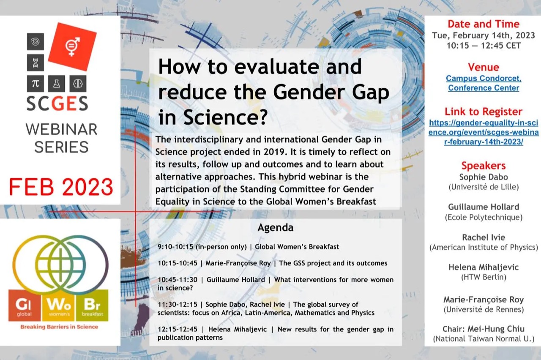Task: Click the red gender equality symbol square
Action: coord(72,46)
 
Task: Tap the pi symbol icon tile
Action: coord(36,84)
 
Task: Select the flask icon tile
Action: coord(57,84)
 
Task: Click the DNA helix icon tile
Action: coord(36,63)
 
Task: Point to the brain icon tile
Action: coord(78,84)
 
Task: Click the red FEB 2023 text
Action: coord(61,187)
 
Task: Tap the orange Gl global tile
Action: coord(25,305)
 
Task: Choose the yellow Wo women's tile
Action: coord(58,305)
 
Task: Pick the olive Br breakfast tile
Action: coord(92,305)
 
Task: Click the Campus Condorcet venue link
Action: coord(484,83)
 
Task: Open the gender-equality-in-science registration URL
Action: coord(484,132)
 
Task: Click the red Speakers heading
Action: coord(484,166)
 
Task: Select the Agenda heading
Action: coord(276,228)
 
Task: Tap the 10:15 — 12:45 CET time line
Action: coord(484,46)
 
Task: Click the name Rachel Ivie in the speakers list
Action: coord(484,237)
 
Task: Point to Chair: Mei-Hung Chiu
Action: coord(484,329)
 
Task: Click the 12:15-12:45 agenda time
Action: coord(178,329)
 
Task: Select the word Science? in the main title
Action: coord(226,117)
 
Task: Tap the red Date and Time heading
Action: coord(484,24)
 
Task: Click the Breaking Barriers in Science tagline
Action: coord(59,327)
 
